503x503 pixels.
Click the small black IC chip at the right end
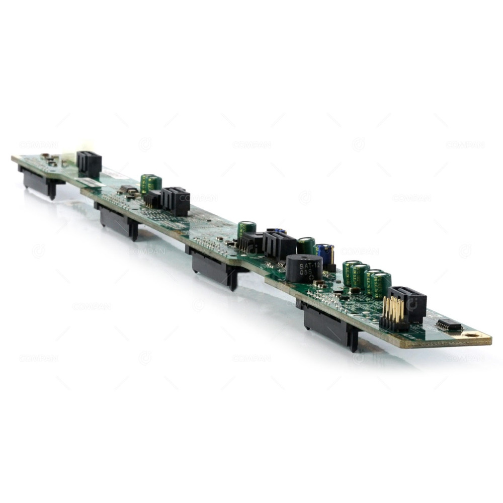pos(449,325)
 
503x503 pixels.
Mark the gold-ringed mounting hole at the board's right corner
pos(472,334)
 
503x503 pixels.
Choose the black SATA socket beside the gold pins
pos(408,303)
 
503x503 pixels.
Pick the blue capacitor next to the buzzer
pos(325,254)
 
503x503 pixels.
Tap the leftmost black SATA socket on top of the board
pos(90,163)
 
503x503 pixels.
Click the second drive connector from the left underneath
pos(119,221)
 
